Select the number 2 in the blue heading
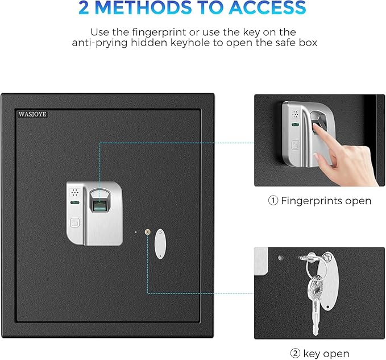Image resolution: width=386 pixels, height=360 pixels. [87, 8]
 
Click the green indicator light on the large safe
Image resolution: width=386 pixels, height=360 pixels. [74, 202]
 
